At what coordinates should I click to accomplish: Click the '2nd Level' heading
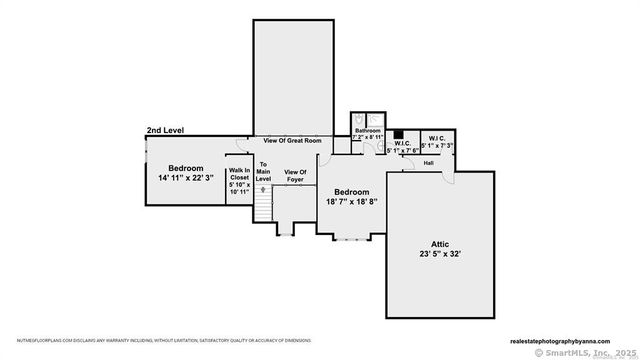click(x=166, y=131)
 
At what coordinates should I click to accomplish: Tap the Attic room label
click(x=440, y=243)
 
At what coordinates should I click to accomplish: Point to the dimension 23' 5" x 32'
click(x=440, y=254)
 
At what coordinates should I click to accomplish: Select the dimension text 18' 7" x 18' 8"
click(x=351, y=201)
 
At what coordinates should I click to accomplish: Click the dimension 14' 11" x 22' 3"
click(x=186, y=177)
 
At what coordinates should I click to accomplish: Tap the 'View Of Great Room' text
click(x=292, y=141)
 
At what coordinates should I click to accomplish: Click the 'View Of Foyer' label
click(x=295, y=176)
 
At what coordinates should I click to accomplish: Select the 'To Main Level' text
click(x=264, y=171)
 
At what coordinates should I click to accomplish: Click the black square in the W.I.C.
click(x=397, y=134)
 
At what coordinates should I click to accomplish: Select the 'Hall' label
click(x=428, y=162)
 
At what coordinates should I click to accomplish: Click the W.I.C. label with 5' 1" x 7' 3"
click(x=436, y=141)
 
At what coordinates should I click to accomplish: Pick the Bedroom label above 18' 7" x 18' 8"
click(x=351, y=191)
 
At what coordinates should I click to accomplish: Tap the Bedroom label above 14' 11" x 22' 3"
click(x=186, y=167)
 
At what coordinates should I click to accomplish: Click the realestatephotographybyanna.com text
click(x=568, y=339)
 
